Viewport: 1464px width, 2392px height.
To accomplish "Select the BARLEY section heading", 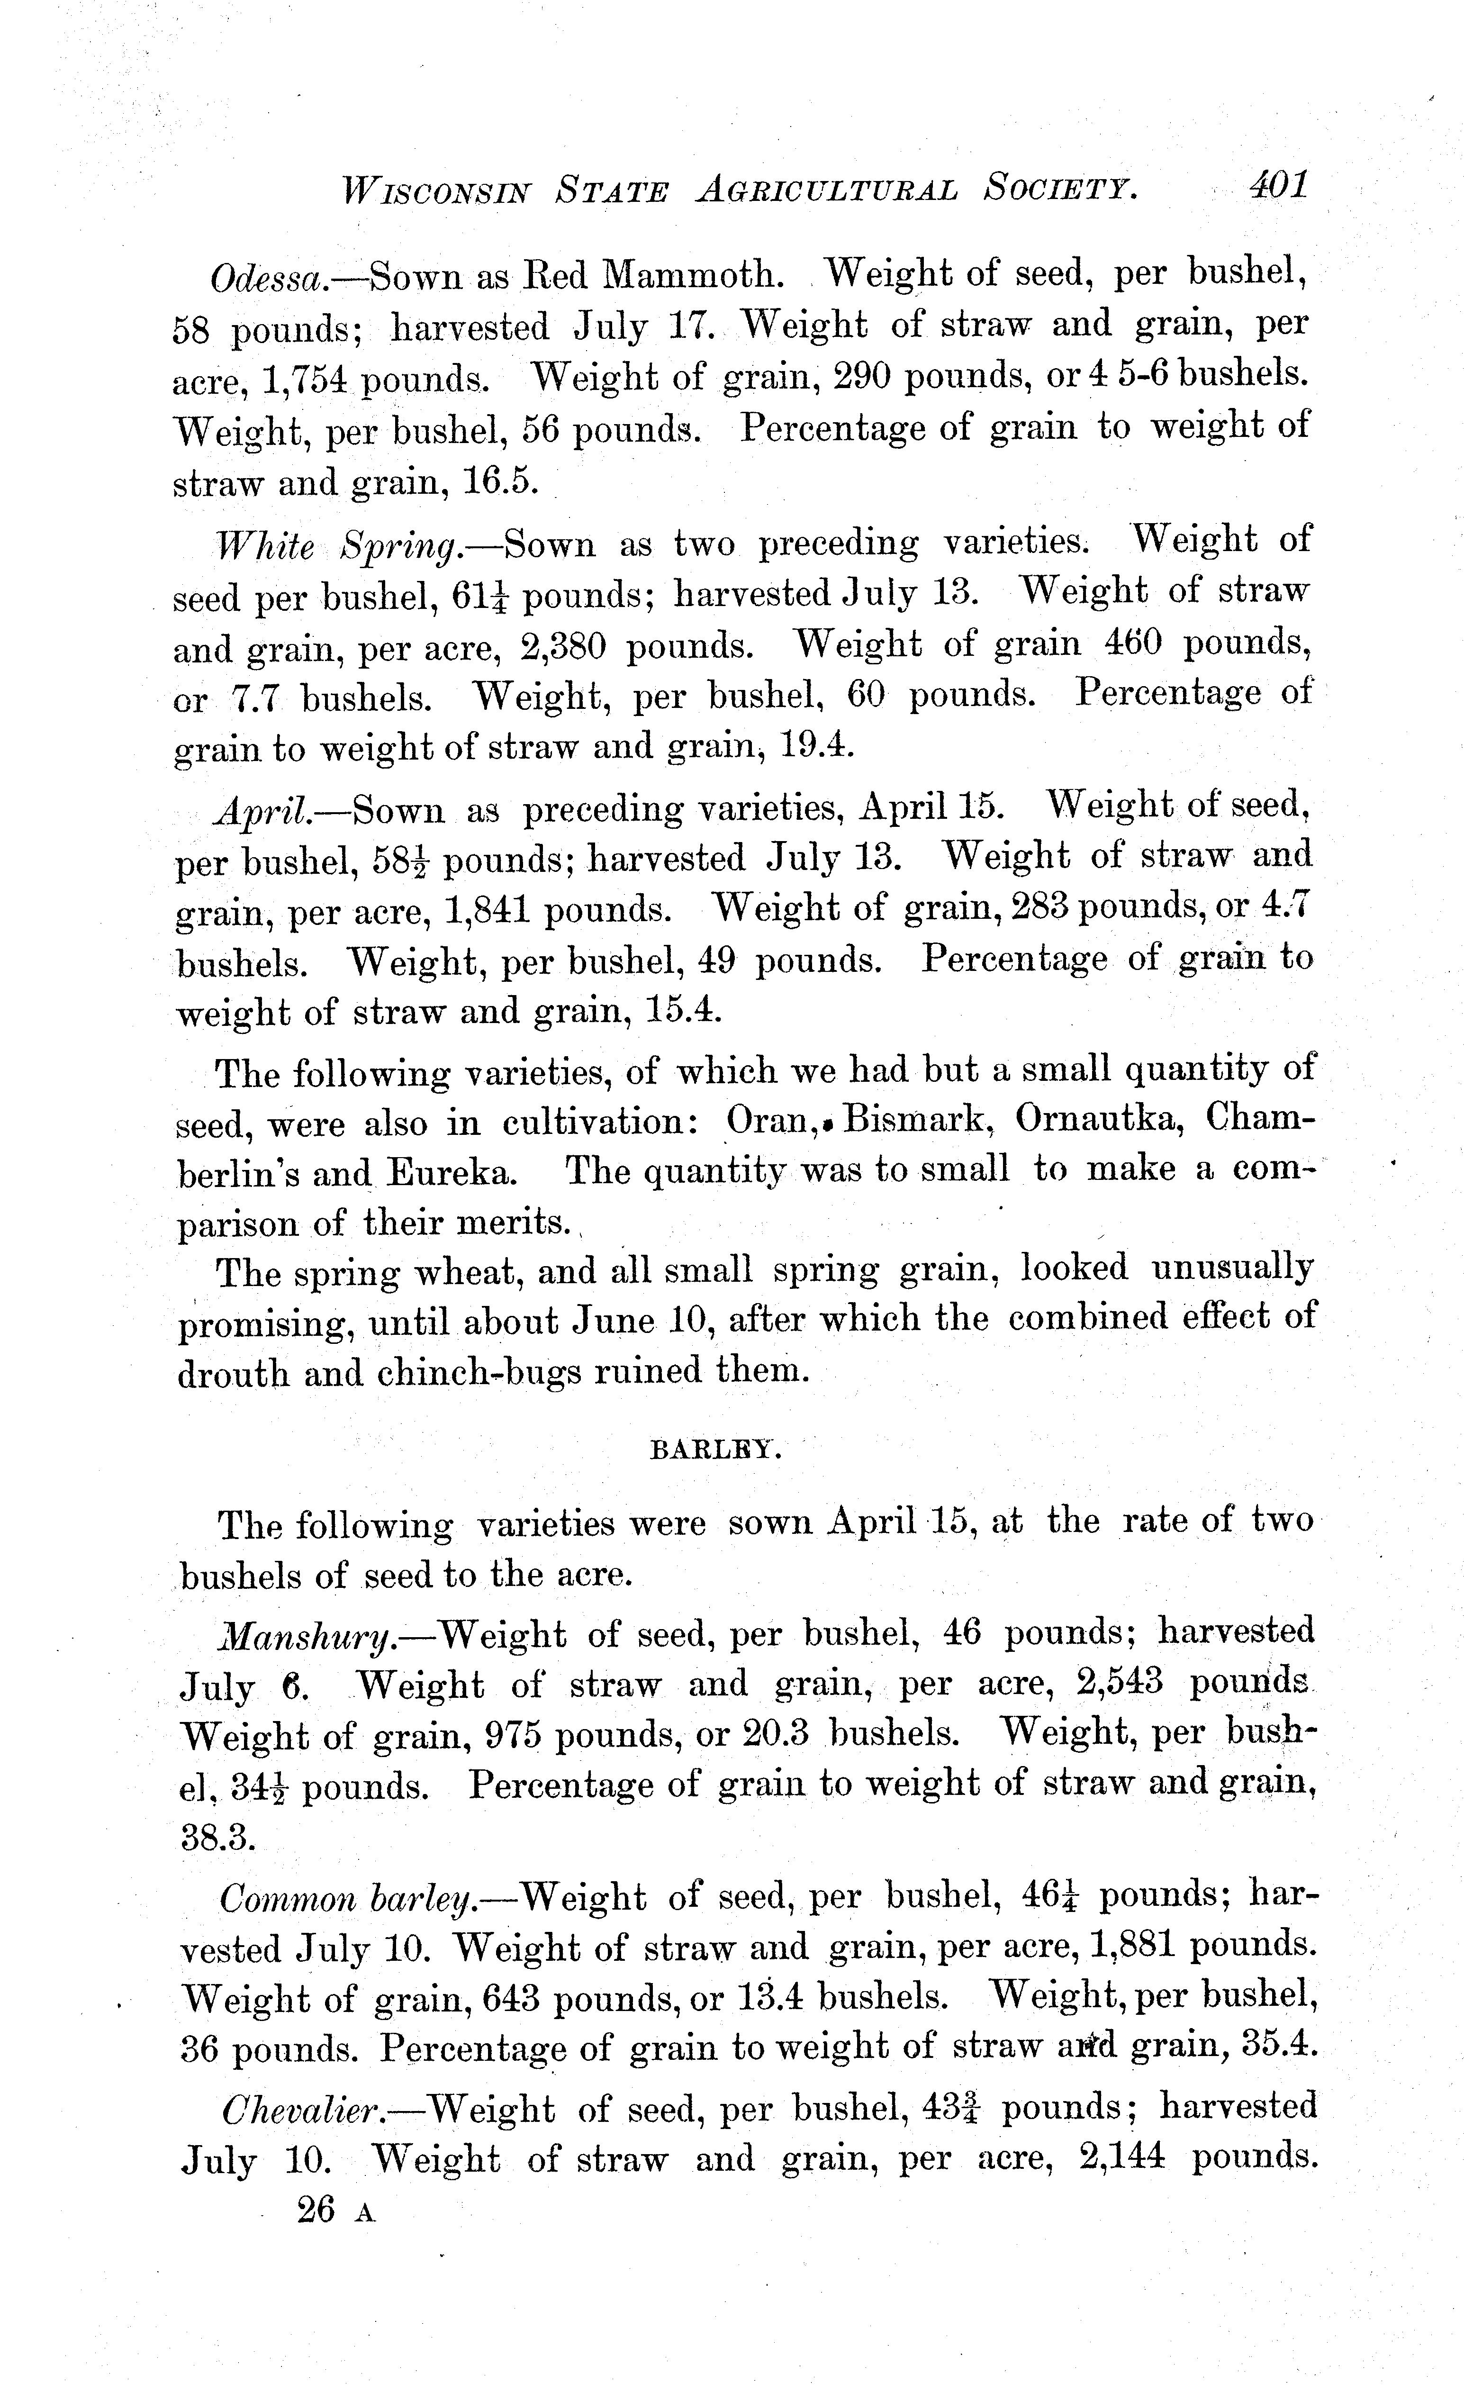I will coord(714,1450).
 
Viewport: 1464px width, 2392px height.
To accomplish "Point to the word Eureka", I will coord(452,1174).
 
